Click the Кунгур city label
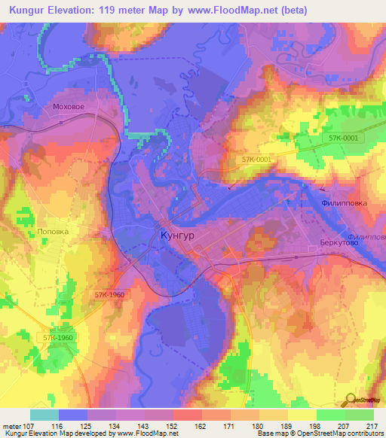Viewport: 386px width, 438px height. (x=178, y=236)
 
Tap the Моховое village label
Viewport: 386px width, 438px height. (x=68, y=107)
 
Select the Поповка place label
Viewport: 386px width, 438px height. (x=53, y=232)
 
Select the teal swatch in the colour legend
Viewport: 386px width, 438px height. (x=44, y=415)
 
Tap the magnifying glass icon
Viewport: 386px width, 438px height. (x=351, y=400)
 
